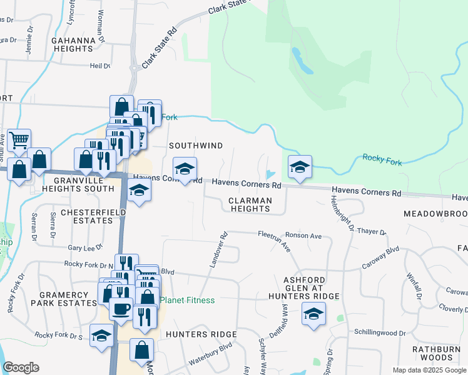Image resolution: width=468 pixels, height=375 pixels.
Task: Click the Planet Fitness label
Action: point(188,301)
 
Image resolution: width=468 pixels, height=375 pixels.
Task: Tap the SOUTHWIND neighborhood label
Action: point(196,146)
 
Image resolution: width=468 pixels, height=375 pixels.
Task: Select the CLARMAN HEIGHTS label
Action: point(250,205)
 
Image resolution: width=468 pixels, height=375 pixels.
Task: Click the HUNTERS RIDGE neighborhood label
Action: point(201,334)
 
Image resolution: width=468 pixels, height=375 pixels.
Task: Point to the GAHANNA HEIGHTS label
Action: point(73,44)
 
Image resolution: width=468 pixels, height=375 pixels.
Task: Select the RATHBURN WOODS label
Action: point(436,353)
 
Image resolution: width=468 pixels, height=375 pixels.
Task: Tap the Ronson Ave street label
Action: point(303,236)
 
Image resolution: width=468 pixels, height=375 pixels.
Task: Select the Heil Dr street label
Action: point(99,66)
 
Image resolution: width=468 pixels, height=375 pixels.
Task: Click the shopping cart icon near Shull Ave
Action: point(19,140)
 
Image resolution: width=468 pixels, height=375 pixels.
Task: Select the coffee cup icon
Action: point(121,307)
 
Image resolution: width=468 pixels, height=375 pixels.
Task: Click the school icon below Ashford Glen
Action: point(313,312)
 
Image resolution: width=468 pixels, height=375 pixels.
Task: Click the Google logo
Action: point(21,367)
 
